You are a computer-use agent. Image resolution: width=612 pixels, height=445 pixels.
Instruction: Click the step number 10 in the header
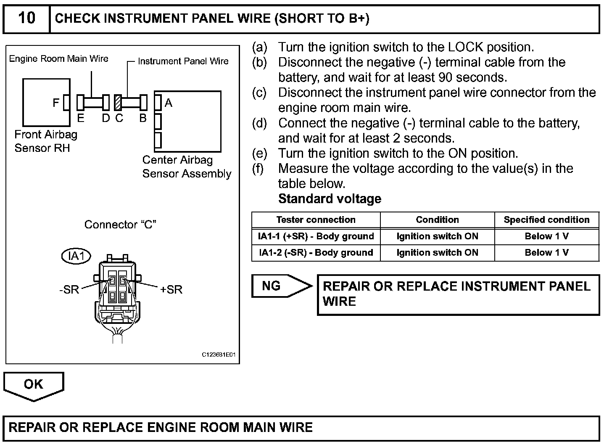[26, 18]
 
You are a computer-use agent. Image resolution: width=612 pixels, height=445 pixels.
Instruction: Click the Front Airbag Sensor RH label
[46, 141]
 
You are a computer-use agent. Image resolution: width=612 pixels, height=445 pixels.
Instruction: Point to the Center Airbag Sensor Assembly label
[187, 167]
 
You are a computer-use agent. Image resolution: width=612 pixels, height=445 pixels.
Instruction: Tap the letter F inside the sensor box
[56, 102]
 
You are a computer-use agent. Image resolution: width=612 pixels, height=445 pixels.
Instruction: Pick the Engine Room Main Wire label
[59, 59]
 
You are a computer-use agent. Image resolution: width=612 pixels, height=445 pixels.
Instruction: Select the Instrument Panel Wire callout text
[183, 61]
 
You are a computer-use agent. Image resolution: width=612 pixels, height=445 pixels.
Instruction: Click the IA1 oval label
[76, 256]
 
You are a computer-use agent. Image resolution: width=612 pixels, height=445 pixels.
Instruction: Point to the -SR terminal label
[69, 290]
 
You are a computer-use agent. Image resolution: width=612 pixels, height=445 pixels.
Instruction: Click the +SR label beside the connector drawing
[171, 290]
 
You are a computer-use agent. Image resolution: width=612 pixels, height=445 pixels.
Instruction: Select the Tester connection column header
[316, 220]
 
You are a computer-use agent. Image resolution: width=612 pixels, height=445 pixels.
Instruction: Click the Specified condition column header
[546, 220]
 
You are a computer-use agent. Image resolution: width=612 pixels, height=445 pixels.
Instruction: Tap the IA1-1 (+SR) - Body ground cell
[316, 236]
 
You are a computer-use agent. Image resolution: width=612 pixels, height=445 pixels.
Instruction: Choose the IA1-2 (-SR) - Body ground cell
[316, 253]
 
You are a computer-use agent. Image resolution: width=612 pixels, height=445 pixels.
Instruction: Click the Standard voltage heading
[330, 199]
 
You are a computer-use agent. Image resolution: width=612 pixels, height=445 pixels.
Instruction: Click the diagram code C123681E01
[219, 355]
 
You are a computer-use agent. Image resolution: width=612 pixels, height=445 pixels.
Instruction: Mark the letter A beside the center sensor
[169, 103]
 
